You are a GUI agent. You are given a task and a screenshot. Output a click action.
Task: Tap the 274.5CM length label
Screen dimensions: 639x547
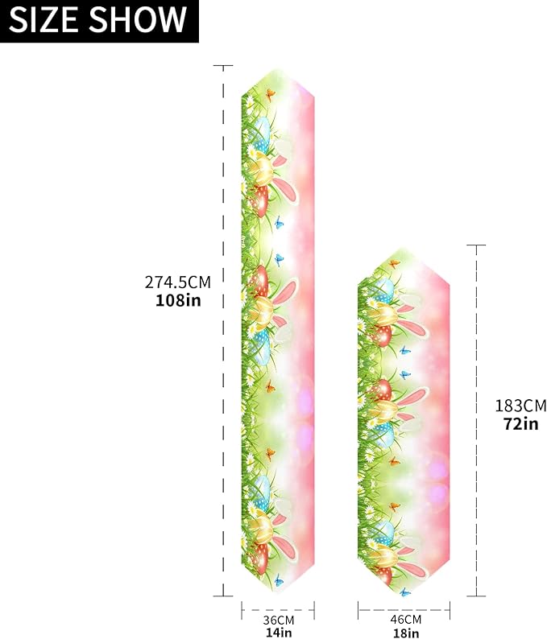click(x=178, y=282)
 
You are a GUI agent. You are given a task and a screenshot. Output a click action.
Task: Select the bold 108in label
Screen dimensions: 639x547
click(x=178, y=301)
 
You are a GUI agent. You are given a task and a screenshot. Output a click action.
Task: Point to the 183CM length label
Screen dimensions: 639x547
click(x=521, y=405)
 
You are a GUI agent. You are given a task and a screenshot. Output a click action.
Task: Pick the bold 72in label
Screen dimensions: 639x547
click(x=521, y=423)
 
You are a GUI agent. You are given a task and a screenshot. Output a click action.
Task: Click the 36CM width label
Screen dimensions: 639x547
click(x=278, y=620)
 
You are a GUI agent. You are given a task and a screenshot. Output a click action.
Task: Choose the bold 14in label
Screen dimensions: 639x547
click(x=278, y=633)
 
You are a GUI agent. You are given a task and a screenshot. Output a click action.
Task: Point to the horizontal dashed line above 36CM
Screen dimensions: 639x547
click(x=278, y=610)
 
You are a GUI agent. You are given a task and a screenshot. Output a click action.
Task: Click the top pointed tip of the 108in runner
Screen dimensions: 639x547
click(x=278, y=68)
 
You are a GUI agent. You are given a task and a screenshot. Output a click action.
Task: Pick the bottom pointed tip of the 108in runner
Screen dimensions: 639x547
click(x=278, y=595)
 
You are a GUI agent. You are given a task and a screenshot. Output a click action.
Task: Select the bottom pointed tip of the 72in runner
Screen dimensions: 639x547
click(x=401, y=595)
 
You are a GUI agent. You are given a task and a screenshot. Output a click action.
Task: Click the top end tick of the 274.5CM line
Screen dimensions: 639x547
click(x=223, y=66)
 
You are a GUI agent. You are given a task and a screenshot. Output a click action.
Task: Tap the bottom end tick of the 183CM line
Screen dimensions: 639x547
click(x=477, y=596)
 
